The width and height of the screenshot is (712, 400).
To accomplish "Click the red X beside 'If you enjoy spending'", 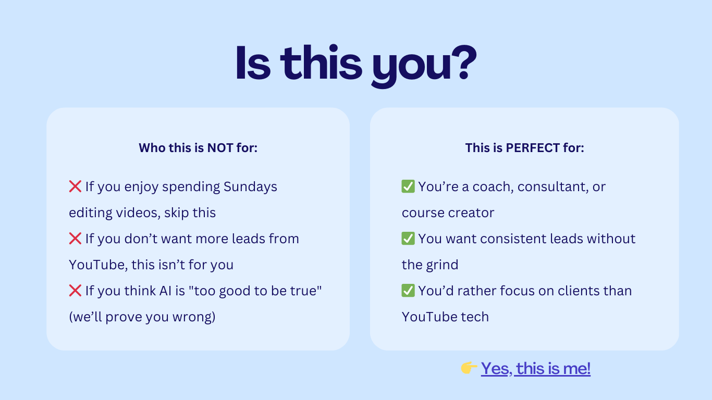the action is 75,186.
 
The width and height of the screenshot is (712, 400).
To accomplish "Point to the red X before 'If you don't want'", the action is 75,239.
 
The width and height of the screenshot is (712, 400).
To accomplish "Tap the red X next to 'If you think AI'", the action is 75,291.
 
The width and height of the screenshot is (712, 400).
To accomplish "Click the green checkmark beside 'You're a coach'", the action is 408,186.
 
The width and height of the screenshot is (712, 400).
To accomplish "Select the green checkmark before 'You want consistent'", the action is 408,239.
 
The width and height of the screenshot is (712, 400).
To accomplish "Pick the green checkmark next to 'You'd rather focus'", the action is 408,291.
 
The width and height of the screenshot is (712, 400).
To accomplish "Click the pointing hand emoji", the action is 469,368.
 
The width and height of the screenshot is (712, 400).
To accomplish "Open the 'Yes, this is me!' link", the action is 536,369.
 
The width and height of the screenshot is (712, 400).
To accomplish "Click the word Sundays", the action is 250,187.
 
